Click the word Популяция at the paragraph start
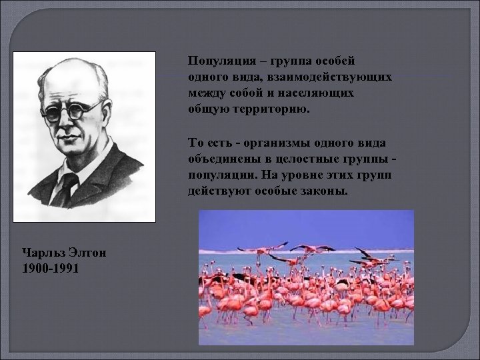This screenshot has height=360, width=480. [214, 61]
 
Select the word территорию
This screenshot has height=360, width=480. [273, 109]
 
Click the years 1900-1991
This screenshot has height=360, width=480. [51, 268]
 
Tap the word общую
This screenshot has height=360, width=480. [207, 109]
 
